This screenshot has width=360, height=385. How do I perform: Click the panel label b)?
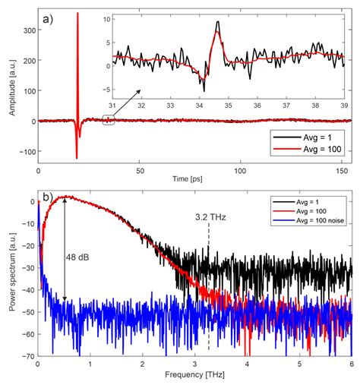(x=47, y=200)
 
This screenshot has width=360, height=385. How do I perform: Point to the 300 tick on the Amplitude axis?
(x=27, y=28)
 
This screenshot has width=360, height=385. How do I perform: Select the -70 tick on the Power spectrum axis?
(x=27, y=355)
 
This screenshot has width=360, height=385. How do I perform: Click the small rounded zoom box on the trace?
(x=108, y=119)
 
